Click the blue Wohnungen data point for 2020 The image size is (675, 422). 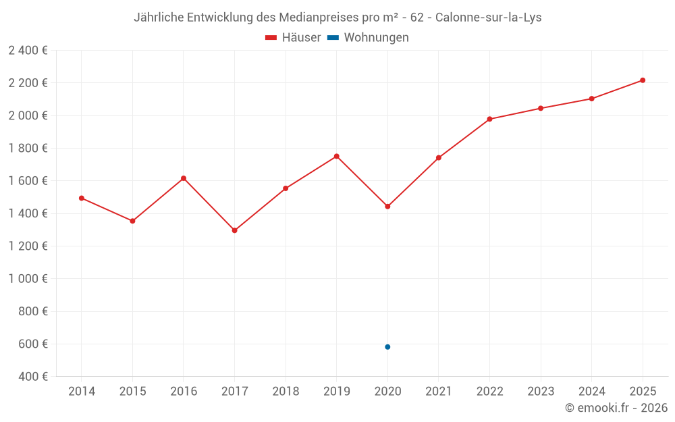[387, 347]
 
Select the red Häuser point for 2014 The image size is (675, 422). [82, 199]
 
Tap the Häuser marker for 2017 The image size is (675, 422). [234, 230]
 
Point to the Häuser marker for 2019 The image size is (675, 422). [337, 157]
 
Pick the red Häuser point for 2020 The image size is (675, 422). [387, 207]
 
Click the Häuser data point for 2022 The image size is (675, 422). [489, 120]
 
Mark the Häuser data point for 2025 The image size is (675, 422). [643, 80]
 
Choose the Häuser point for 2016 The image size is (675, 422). [184, 178]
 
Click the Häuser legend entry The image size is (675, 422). [293, 38]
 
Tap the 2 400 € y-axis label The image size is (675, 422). [28, 51]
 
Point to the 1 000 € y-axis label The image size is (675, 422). [28, 279]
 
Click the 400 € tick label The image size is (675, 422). [32, 377]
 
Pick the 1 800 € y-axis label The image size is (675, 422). [28, 149]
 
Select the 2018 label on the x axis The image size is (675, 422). [286, 392]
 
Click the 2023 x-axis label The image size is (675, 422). [541, 392]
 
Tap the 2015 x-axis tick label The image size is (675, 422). [132, 392]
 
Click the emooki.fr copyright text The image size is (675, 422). [616, 408]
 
